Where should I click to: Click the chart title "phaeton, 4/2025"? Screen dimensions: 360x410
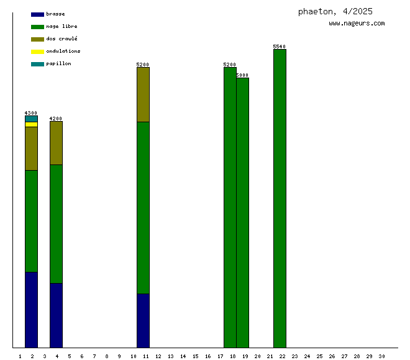pos(335,11)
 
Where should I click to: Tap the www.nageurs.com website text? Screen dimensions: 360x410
pos(357,24)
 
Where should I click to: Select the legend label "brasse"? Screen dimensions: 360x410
pos(55,14)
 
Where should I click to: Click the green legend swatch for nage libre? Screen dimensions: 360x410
pos(37,27)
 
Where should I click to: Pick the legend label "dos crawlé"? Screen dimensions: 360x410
pos(61,38)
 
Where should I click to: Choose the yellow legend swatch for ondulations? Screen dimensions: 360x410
pos(37,52)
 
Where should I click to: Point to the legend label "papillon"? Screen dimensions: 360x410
pos(58,63)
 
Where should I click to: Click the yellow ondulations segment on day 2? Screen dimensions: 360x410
pos(31,124)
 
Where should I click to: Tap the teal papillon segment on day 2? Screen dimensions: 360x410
pos(31,119)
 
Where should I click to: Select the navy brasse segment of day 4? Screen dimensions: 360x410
pos(56,315)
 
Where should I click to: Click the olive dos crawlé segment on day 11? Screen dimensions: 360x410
pos(143,94)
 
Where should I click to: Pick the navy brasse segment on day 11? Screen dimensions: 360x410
pos(143,320)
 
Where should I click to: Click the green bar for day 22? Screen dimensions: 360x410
pos(280,199)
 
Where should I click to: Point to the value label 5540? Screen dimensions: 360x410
pos(280,47)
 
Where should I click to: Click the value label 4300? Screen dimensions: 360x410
pos(31,113)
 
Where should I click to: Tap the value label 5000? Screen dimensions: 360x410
pos(242,75)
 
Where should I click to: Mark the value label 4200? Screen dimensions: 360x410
pos(56,119)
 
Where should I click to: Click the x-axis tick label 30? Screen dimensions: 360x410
pos(381,356)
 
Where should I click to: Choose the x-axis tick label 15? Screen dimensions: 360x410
pos(195,356)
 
